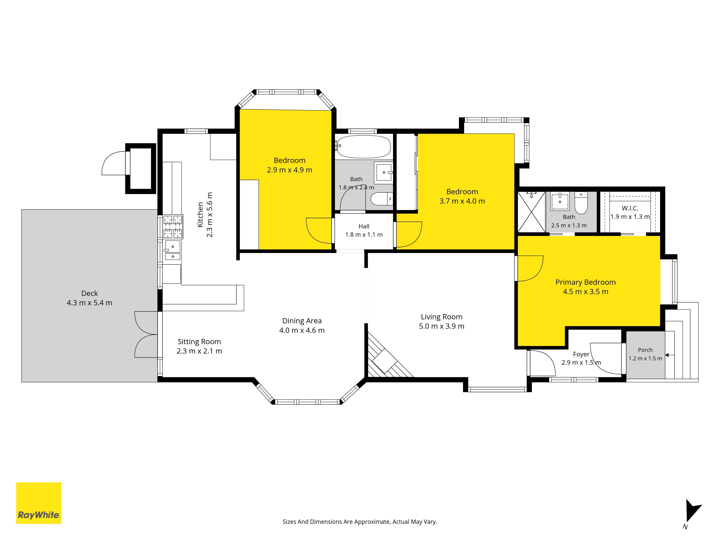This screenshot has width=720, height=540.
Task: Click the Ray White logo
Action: pyautogui.click(x=39, y=503)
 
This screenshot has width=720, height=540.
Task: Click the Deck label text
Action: pyautogui.click(x=89, y=293)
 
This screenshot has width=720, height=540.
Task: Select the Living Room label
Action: pyautogui.click(x=441, y=317)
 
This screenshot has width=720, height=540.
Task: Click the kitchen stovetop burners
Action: pyautogui.click(x=173, y=227)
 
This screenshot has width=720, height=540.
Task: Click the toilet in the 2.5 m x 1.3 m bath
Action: pyautogui.click(x=581, y=202)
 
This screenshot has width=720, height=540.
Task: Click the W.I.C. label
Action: pyautogui.click(x=630, y=208)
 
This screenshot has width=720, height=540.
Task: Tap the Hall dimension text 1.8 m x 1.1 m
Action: pyautogui.click(x=364, y=235)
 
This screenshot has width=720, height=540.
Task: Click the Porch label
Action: pyautogui.click(x=645, y=350)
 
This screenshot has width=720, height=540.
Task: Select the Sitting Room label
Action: pyautogui.click(x=199, y=341)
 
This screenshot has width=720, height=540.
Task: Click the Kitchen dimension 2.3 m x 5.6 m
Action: pyautogui.click(x=210, y=215)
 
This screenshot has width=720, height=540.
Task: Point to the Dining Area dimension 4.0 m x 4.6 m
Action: pyautogui.click(x=302, y=330)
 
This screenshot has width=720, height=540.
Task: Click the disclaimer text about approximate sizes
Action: pyautogui.click(x=360, y=522)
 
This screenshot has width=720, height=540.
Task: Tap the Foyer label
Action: pyautogui.click(x=581, y=354)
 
